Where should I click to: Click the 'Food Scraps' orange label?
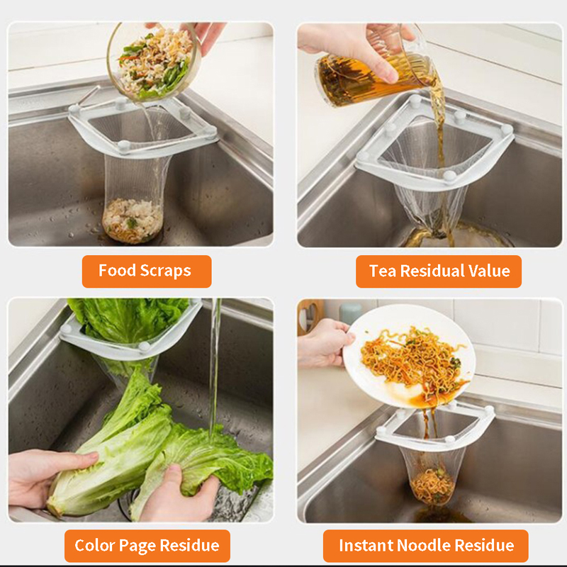pos(147,271)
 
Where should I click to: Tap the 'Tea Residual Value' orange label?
pos(439,271)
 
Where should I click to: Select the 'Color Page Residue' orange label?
pos(147,546)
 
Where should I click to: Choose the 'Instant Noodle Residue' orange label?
pos(426,546)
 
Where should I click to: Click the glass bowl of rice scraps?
pos(154,62)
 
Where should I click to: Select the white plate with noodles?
pos(409,357)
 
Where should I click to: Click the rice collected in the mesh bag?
pos(133,220)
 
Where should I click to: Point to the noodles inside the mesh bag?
pos(433,485)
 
